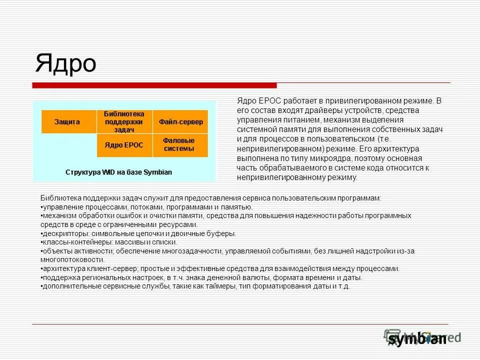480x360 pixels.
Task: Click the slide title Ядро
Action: point(65,63)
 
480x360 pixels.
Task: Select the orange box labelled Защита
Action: point(68,121)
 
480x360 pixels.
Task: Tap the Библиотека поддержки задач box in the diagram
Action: point(124,121)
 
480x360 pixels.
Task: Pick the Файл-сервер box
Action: point(180,121)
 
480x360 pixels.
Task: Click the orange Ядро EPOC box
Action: point(124,145)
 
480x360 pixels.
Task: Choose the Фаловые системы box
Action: point(179,145)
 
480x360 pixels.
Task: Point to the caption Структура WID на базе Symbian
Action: point(119,172)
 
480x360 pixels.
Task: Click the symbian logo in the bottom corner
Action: point(418,338)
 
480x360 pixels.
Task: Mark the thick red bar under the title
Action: point(155,85)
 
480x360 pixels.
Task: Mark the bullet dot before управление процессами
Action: point(41,207)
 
